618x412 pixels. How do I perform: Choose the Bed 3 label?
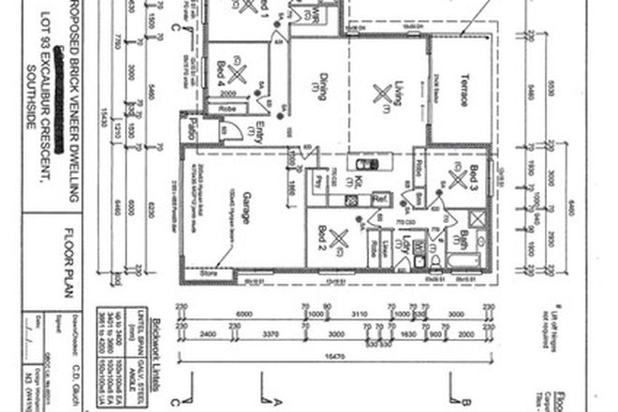click(x=478, y=177)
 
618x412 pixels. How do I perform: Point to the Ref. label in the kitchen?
click(x=379, y=199)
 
